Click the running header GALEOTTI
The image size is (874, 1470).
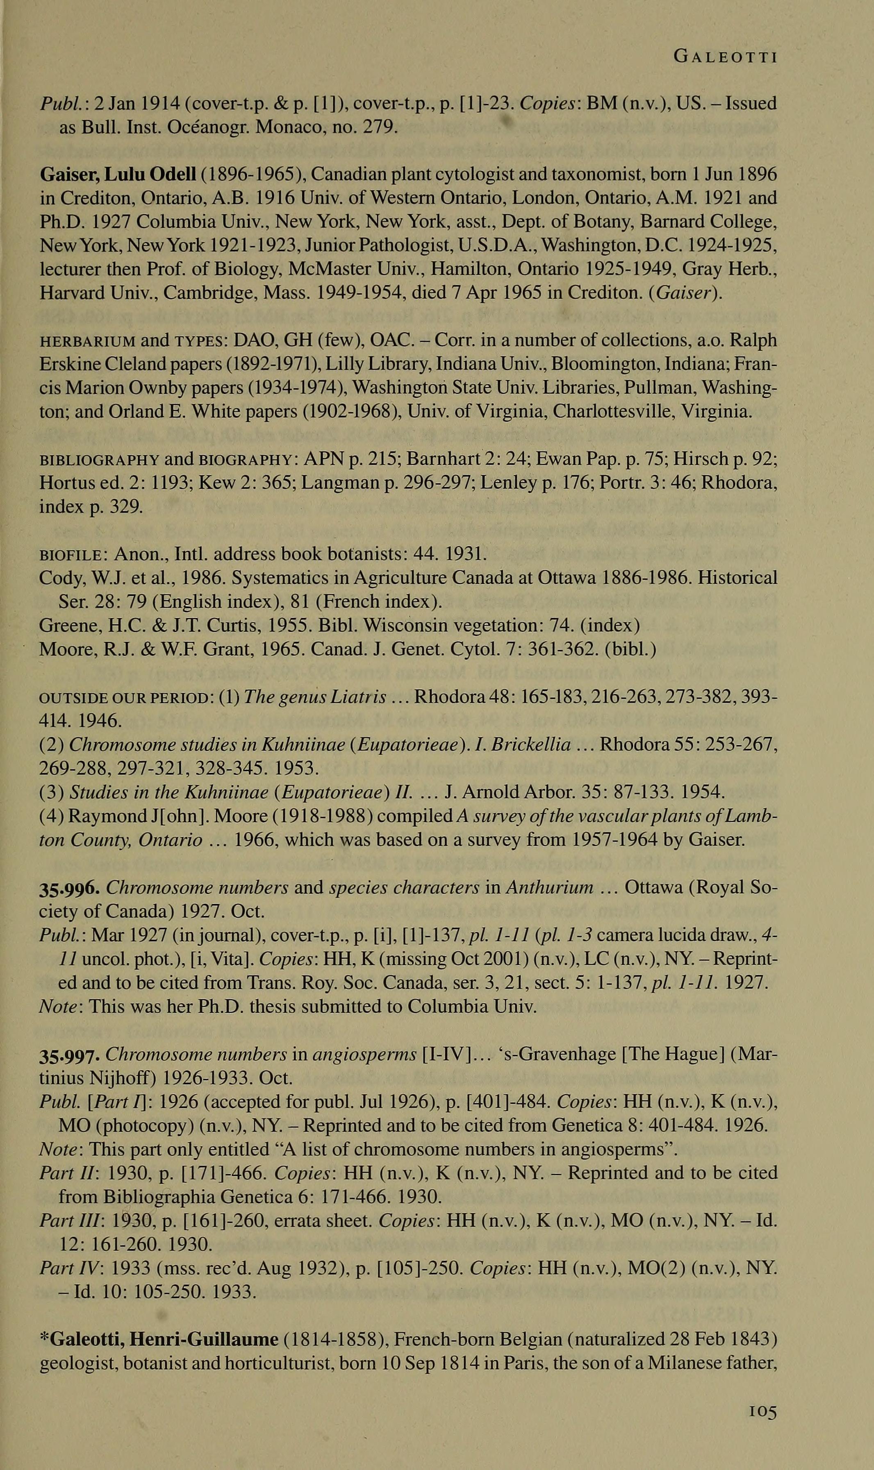tap(726, 57)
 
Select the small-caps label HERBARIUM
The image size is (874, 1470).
tap(88, 341)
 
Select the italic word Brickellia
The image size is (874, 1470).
tap(534, 745)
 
